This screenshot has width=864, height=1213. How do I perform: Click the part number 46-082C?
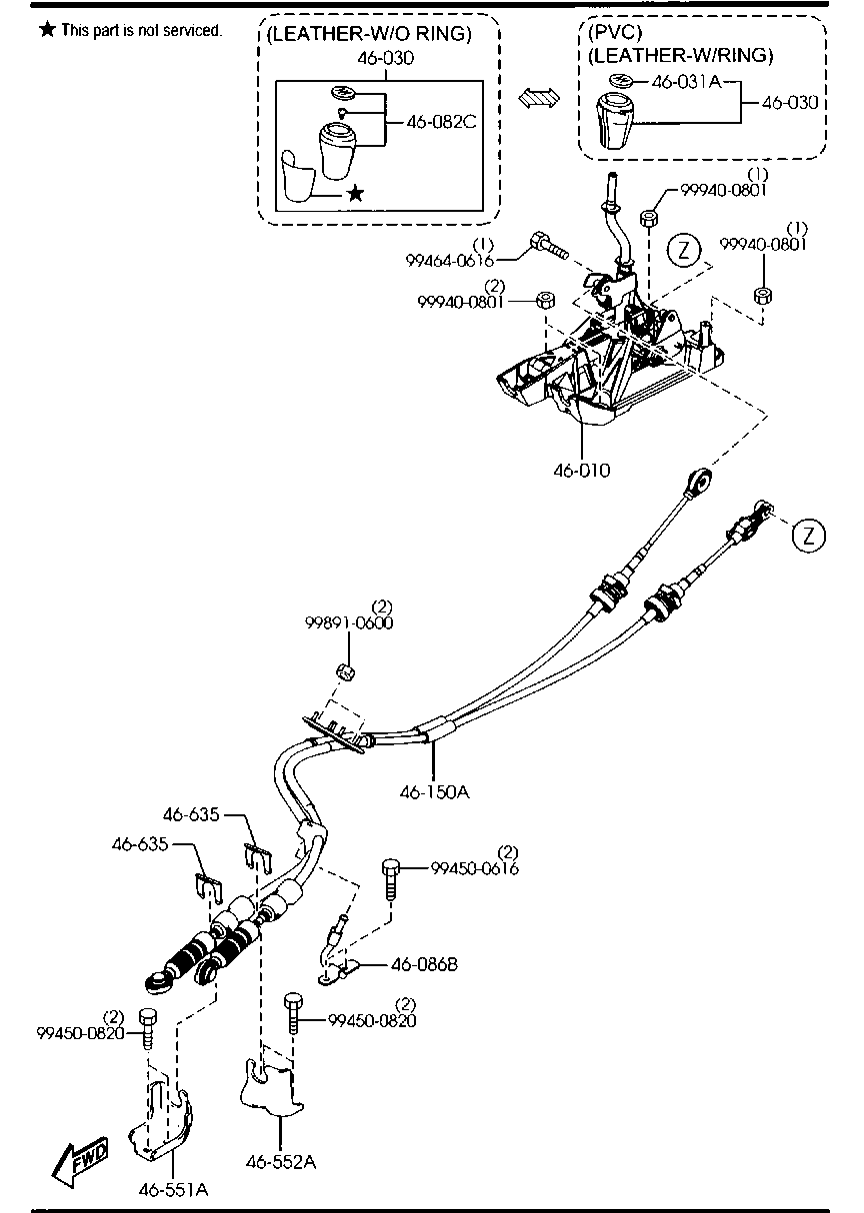(x=441, y=122)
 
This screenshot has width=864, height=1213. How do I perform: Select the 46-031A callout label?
(x=686, y=81)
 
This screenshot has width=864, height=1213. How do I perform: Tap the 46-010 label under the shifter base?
(x=582, y=469)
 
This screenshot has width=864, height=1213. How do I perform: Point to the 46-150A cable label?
(x=434, y=791)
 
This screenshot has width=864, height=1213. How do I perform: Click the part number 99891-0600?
(x=349, y=622)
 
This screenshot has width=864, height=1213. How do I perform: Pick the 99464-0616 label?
(x=449, y=260)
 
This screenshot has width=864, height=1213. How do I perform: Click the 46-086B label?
(x=424, y=964)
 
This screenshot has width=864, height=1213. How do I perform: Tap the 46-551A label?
(x=173, y=1189)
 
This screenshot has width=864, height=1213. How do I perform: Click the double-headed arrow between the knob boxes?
(x=541, y=96)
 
